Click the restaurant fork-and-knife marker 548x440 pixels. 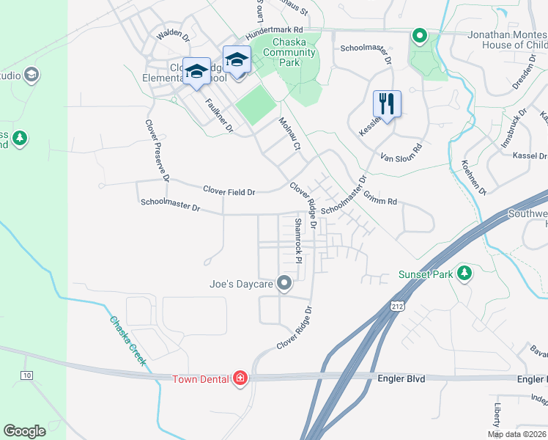pyautogui.click(x=387, y=104)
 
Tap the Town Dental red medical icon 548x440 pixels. pyautogui.click(x=240, y=378)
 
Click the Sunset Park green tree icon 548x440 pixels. pyautogui.click(x=463, y=274)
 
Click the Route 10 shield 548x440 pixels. pyautogui.click(x=27, y=375)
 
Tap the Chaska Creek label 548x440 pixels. pyautogui.click(x=128, y=341)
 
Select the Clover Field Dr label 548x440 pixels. pyautogui.click(x=229, y=192)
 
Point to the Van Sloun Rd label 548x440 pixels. pyautogui.click(x=402, y=152)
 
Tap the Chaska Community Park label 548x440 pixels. pyautogui.click(x=289, y=52)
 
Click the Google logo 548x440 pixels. pyautogui.click(x=24, y=431)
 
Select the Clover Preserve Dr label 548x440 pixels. pyautogui.click(x=158, y=150)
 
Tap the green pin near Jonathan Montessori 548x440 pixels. pyautogui.click(x=419, y=35)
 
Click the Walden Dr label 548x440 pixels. pyautogui.click(x=173, y=34)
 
